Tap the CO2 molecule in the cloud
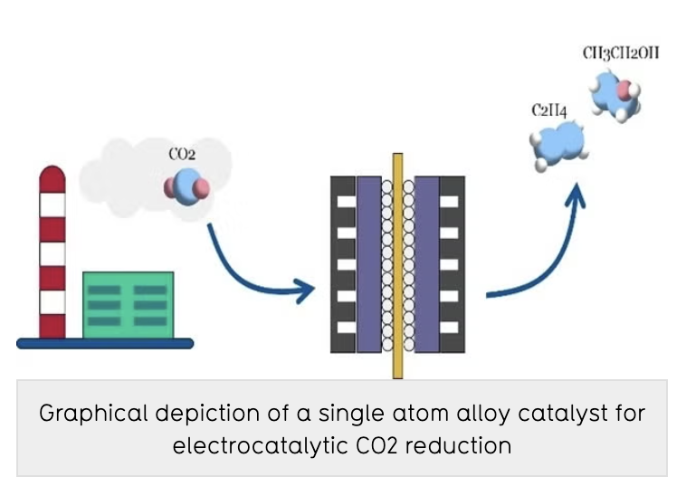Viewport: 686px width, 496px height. tap(186, 187)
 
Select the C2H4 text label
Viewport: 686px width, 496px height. tap(549, 110)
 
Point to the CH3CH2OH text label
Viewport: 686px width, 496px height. tap(620, 53)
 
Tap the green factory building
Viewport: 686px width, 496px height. tap(128, 304)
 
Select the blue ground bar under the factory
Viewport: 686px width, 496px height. tap(105, 343)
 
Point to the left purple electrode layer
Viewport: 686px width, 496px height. tap(368, 263)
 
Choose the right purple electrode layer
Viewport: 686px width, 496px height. tap(426, 263)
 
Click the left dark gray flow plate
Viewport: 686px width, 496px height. tap(343, 263)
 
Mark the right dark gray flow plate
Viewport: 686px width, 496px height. tap(452, 263)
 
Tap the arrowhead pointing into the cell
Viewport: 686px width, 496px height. tap(304, 291)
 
